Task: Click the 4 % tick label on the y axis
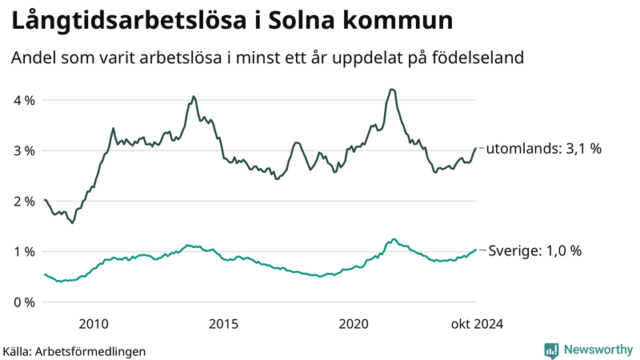tap(24, 100)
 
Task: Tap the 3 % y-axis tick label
tap(24, 150)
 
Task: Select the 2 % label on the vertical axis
tap(24, 201)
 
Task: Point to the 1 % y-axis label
tap(24, 252)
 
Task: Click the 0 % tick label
tap(24, 302)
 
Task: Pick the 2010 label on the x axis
tap(94, 323)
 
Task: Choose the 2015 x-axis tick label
tap(223, 323)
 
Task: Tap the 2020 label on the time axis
tap(354, 323)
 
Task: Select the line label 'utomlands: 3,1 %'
tap(543, 148)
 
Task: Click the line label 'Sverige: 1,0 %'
tap(534, 250)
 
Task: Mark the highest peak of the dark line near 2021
tap(390, 89)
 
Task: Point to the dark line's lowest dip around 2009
tap(72, 222)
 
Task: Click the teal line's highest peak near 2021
tap(393, 238)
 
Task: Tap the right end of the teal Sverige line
tap(476, 250)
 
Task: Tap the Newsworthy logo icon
tap(551, 350)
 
